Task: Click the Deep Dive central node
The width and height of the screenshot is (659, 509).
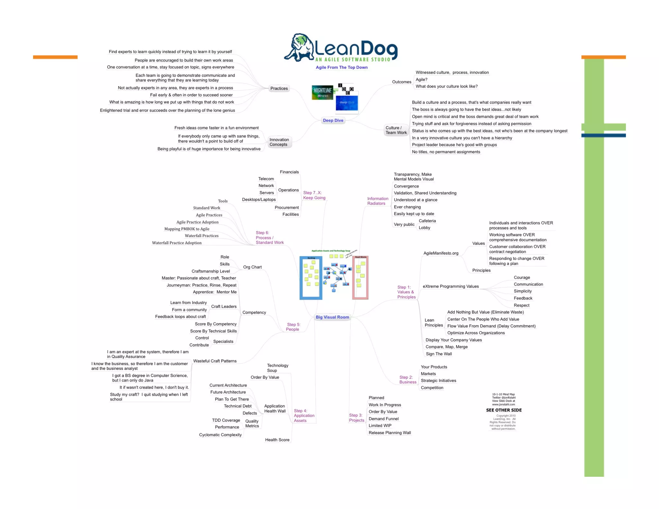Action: click(x=333, y=120)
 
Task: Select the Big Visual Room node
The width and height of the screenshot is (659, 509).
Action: click(x=332, y=317)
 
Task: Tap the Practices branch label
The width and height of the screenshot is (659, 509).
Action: click(x=279, y=88)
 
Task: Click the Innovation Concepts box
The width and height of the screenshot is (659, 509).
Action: click(x=279, y=142)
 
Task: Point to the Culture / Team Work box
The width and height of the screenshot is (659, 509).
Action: click(x=396, y=130)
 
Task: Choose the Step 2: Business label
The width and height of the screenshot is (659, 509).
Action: click(x=407, y=380)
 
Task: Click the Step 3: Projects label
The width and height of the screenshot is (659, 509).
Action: click(x=356, y=418)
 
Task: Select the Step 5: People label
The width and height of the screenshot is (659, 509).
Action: click(x=293, y=327)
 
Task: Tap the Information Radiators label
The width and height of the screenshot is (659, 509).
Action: click(x=377, y=201)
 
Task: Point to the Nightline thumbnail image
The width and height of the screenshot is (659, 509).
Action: click(x=322, y=92)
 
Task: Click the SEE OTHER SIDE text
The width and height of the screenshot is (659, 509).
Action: click(x=504, y=410)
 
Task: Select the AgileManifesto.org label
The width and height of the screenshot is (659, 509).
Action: click(x=441, y=253)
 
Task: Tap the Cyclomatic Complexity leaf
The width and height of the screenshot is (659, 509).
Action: click(x=220, y=435)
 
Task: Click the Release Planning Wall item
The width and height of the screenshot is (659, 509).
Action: click(x=389, y=433)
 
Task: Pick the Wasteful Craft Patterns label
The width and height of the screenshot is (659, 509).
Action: click(x=215, y=361)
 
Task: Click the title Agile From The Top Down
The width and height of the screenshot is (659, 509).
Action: click(x=341, y=68)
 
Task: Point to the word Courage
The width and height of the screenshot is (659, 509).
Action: click(x=522, y=277)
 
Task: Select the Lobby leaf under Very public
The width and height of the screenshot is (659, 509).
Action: click(x=424, y=228)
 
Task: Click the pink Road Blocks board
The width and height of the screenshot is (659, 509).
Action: click(x=360, y=278)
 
